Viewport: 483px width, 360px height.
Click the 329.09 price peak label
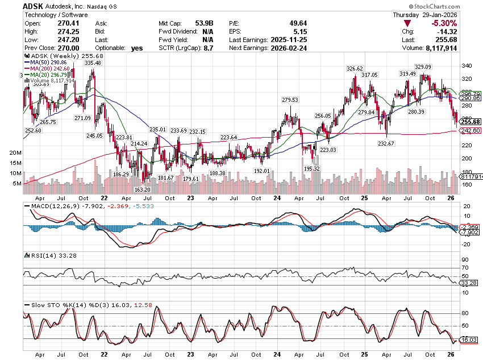tap(423, 67)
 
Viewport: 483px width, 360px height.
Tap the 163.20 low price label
tap(142, 189)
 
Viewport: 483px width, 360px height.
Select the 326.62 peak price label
tap(355, 69)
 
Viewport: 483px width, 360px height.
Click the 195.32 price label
tap(312, 169)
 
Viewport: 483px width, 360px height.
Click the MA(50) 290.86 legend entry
tap(49, 63)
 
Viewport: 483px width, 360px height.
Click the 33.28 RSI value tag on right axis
tap(468, 283)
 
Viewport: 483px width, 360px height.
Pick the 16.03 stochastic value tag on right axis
tap(468, 340)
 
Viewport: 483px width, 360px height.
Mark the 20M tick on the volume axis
tap(15, 154)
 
